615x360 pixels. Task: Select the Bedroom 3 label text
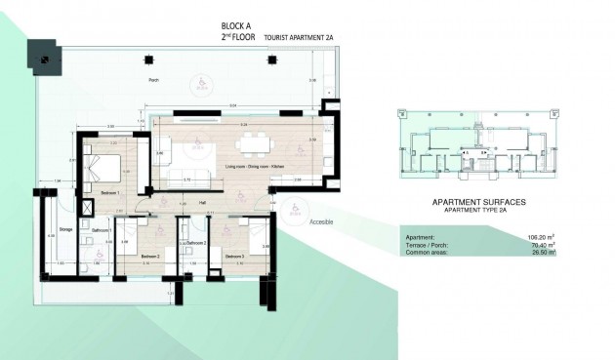[x=234, y=256]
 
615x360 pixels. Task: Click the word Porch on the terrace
[x=152, y=80]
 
